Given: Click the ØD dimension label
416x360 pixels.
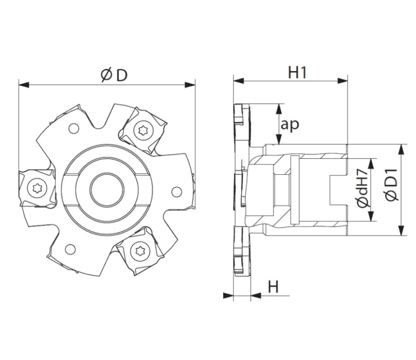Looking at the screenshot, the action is pos(114,75).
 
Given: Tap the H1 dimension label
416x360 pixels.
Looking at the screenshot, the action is pos(297,72).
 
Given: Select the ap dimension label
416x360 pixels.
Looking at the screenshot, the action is pos(290,124).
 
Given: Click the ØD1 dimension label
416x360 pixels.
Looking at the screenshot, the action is pos(392,185).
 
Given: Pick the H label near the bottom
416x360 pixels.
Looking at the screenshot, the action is pos(274,287).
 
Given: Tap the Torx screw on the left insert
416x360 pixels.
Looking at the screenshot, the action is pos(37,188).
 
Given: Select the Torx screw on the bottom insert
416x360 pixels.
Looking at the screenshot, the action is pos(140,250).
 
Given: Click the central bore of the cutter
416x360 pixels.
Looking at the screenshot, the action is pos(107,189).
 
